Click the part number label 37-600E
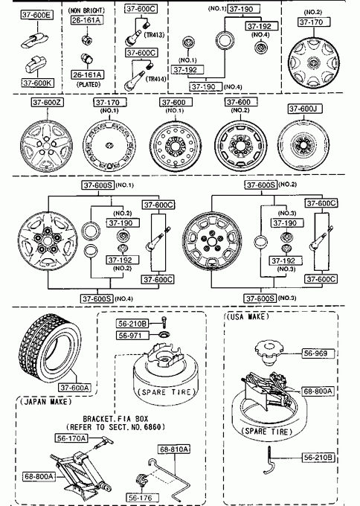pos(37,15)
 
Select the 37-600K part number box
pos(37,83)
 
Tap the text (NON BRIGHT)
pos(86,10)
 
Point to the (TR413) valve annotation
pos(154,35)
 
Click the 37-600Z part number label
pos(48,102)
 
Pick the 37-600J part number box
pos(305,109)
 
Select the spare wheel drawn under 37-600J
pos(303,146)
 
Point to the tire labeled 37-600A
pos(51,348)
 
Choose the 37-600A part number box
pos(75,387)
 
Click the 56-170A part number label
pos(71,438)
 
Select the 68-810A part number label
pos(174,449)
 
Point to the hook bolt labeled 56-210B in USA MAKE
pos(270,461)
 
